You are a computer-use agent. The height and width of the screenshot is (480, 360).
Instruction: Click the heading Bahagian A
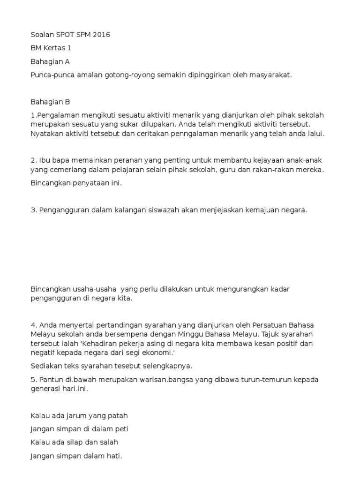tap(50, 61)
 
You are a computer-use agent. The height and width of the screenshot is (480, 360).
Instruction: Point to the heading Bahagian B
tap(50, 102)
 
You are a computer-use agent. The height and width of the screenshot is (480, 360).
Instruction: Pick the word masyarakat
tap(270, 75)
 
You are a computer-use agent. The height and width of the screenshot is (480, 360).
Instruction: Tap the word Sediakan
tap(46, 366)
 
